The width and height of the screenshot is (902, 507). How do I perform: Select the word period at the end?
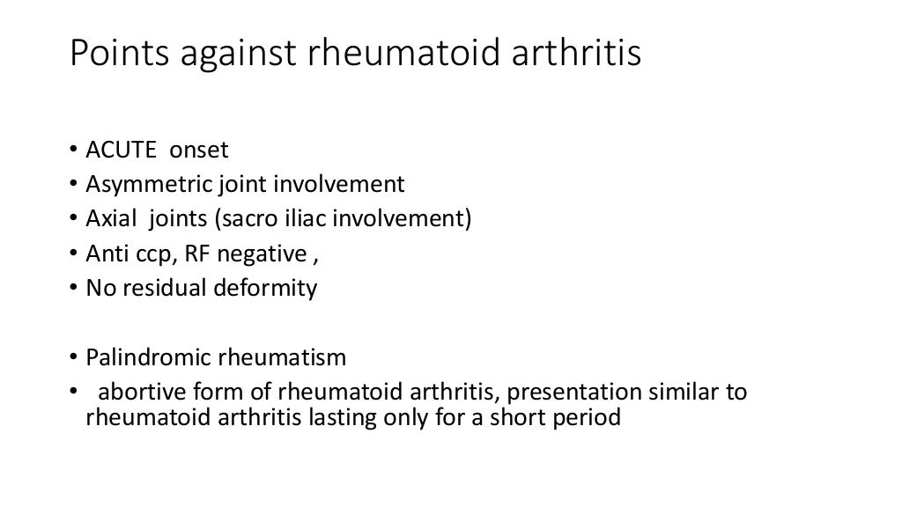pos(589,417)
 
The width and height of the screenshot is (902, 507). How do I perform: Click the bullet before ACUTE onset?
pos(74,152)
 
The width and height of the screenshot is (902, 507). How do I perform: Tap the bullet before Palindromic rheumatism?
pos(74,357)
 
